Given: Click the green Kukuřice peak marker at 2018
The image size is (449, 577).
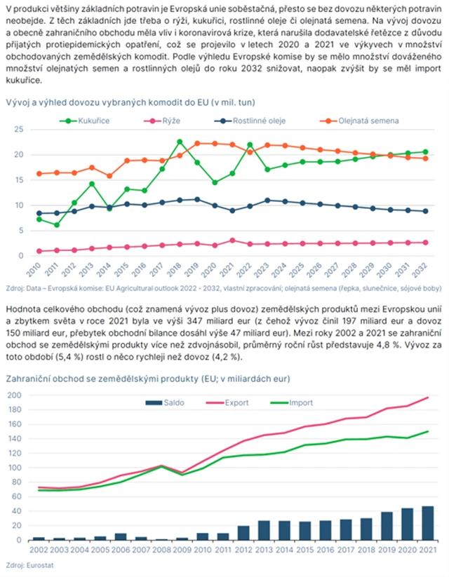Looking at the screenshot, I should [x=180, y=142].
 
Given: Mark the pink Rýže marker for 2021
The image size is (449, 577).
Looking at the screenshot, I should [x=232, y=240].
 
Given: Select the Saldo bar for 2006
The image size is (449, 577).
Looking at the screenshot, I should [x=121, y=536].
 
